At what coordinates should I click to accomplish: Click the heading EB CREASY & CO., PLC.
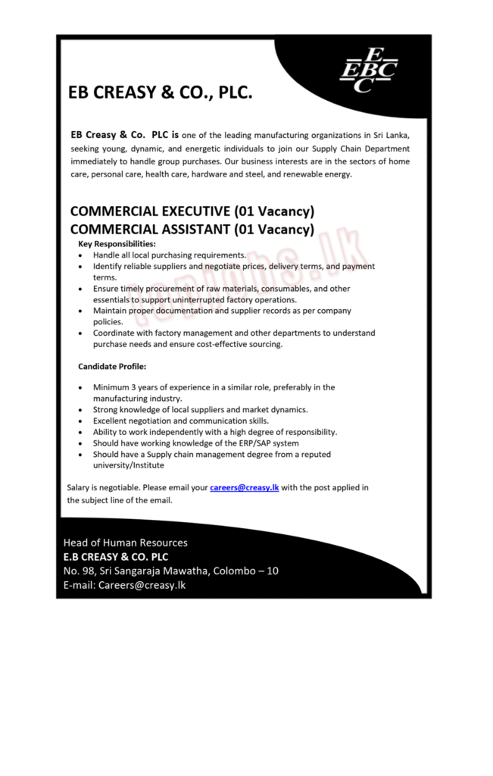160,93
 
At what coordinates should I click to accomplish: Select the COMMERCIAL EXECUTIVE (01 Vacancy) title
192,211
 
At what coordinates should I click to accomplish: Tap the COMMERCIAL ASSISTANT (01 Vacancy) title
192,228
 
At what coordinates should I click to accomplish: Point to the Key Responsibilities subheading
117,244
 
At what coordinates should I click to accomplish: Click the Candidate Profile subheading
112,367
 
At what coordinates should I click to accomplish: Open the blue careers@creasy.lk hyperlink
245,487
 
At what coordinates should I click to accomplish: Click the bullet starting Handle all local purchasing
169,255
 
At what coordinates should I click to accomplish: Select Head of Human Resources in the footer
126,543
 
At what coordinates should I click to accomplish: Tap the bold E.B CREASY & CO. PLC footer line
116,556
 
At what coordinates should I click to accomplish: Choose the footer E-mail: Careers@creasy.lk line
125,585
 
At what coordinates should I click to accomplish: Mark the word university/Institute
128,465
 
